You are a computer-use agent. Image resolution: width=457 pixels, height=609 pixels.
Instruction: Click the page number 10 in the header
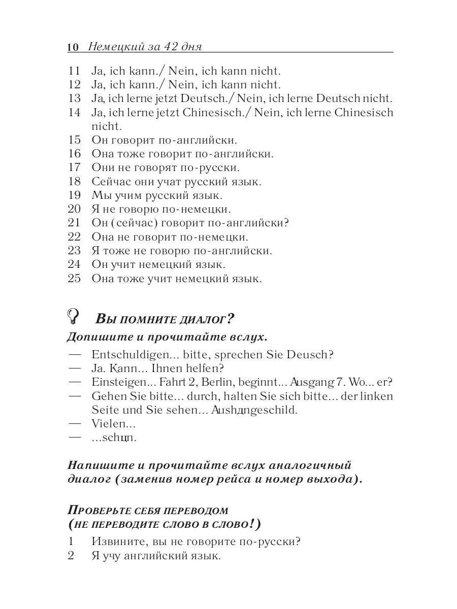[73, 47]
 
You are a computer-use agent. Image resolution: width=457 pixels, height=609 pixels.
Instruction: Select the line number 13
[74, 98]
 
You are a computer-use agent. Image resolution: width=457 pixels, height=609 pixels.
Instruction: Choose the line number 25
[74, 279]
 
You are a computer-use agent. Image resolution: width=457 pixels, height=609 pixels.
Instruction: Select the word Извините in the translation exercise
[116, 542]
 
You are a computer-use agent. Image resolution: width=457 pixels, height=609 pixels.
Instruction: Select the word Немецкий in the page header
[113, 47]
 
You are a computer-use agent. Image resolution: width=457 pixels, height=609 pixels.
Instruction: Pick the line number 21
[74, 223]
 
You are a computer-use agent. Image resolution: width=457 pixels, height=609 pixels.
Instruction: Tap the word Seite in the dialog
[104, 410]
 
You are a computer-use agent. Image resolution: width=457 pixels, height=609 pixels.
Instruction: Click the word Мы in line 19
[99, 195]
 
